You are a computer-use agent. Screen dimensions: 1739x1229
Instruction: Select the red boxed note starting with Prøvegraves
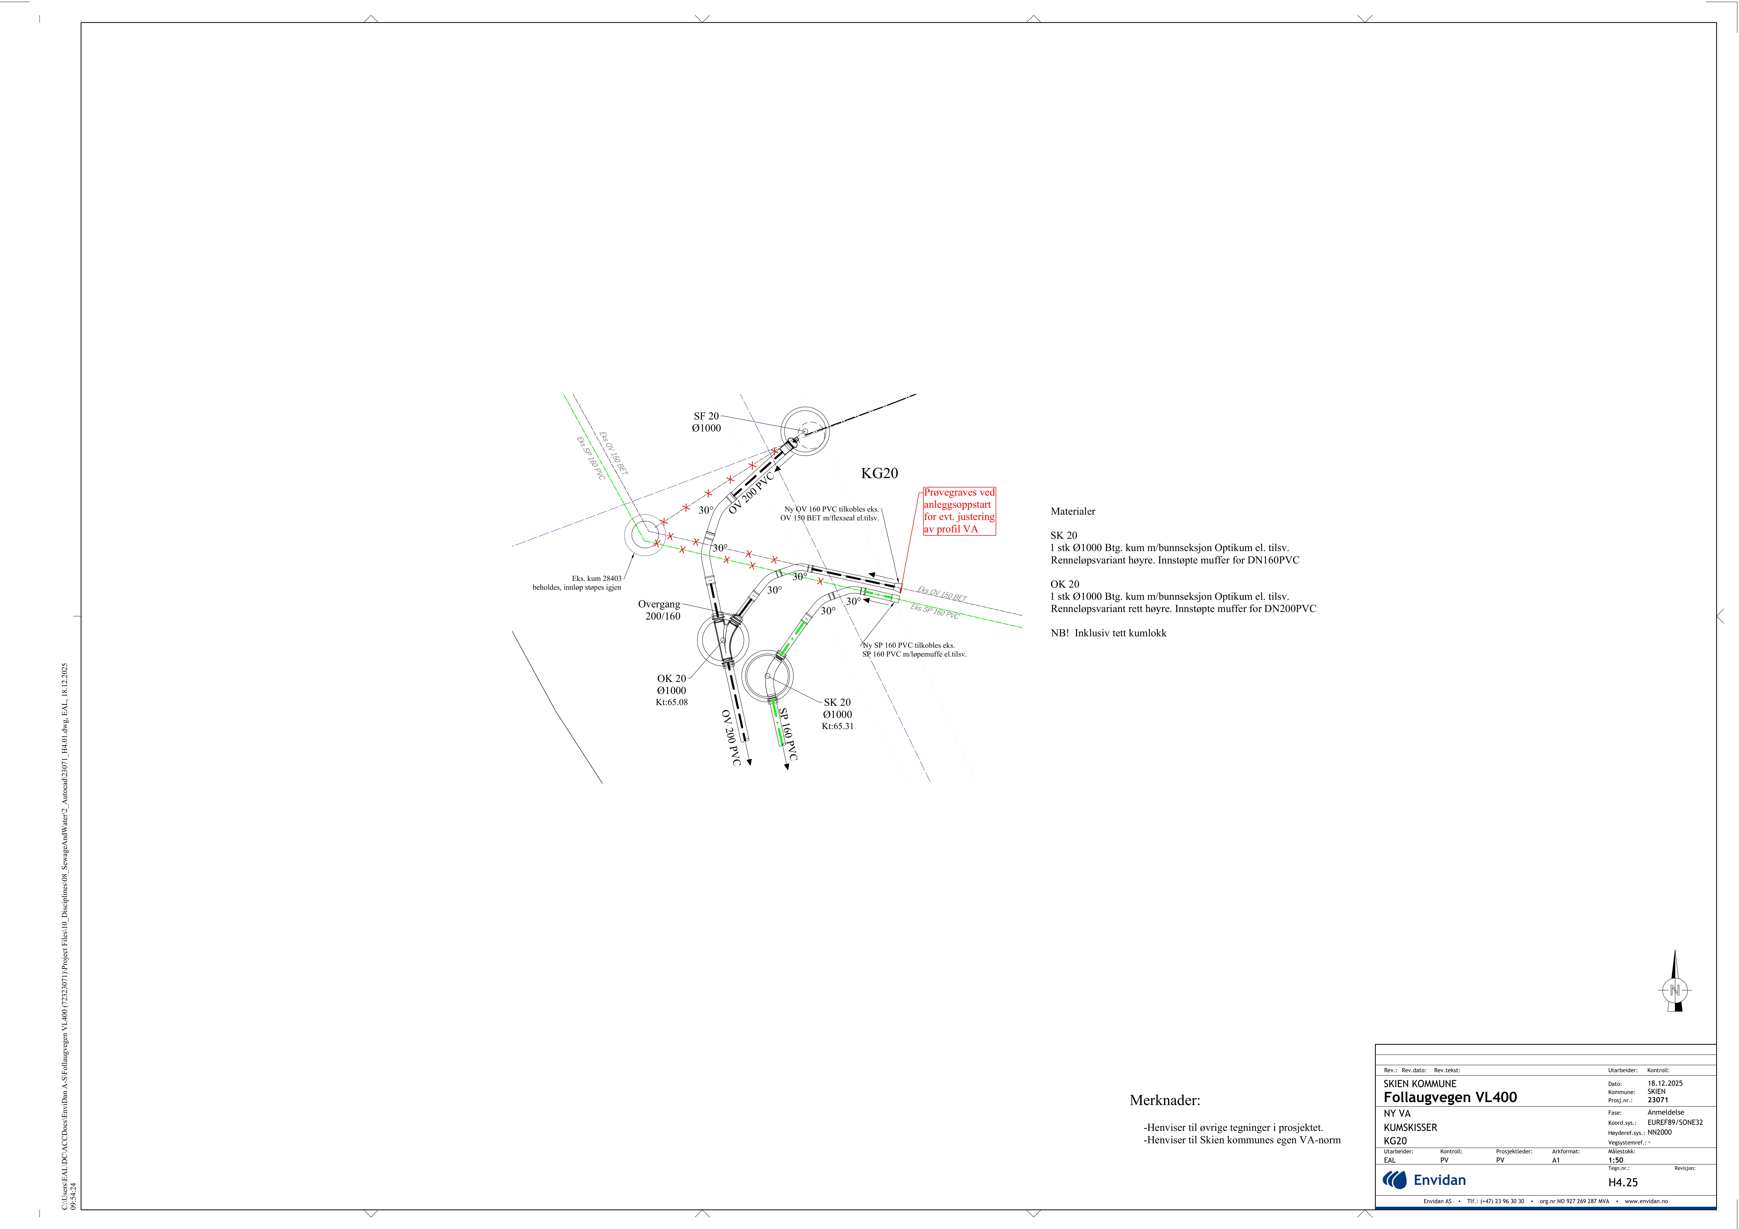click(x=959, y=511)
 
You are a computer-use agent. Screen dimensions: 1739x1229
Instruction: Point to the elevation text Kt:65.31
click(x=838, y=726)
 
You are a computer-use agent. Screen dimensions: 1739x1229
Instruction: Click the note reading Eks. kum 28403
click(x=597, y=578)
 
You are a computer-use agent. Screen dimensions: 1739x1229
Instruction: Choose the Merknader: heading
click(x=1165, y=1100)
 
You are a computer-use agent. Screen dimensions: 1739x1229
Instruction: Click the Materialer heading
click(x=1072, y=512)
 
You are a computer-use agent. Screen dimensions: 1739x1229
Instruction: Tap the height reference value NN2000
click(x=1659, y=1132)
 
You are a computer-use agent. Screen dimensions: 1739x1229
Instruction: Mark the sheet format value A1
click(x=1556, y=1160)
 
